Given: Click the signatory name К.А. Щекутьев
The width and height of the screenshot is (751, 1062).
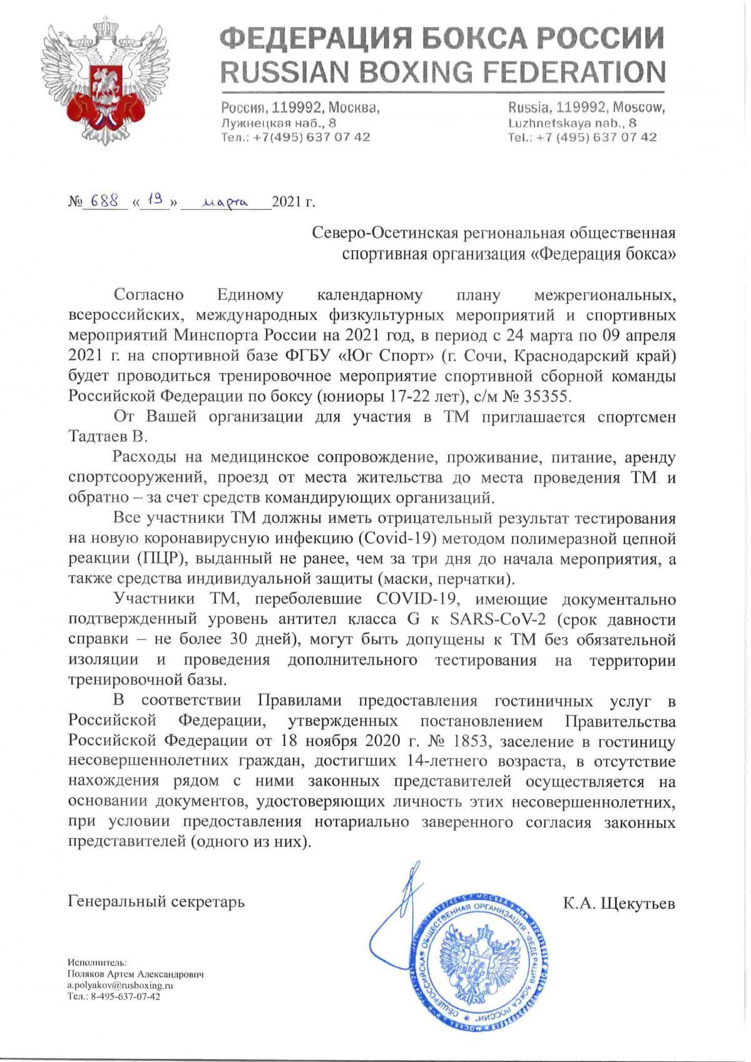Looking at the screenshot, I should click(x=619, y=902).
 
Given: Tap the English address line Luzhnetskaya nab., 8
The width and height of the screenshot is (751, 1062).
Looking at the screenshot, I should click(x=573, y=122).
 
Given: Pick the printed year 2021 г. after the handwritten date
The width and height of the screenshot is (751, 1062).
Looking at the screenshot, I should click(x=294, y=202).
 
